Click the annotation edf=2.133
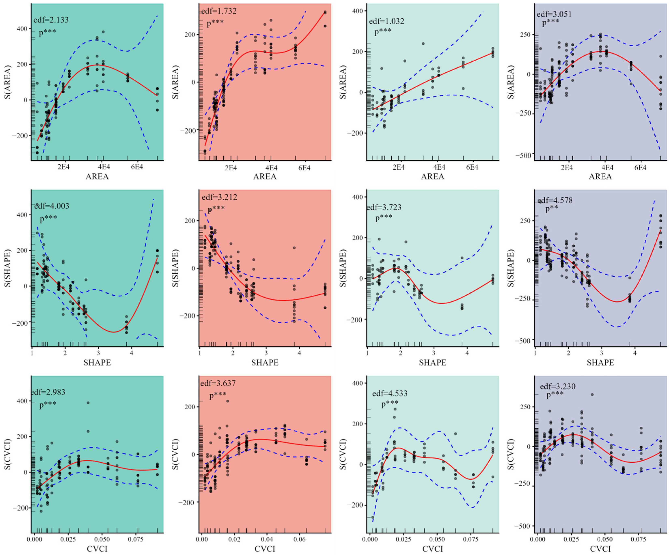click(x=51, y=20)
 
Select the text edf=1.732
click(x=219, y=11)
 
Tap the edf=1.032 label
click(x=386, y=21)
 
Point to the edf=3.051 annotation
click(x=554, y=14)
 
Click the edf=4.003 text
click(x=52, y=206)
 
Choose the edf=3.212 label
click(x=220, y=197)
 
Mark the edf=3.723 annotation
click(x=384, y=207)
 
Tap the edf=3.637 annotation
click(x=218, y=383)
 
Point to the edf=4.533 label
click(x=390, y=394)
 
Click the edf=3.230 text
click(x=558, y=386)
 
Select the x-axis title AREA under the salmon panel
click(x=265, y=176)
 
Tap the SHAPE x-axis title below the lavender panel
click(x=600, y=363)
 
